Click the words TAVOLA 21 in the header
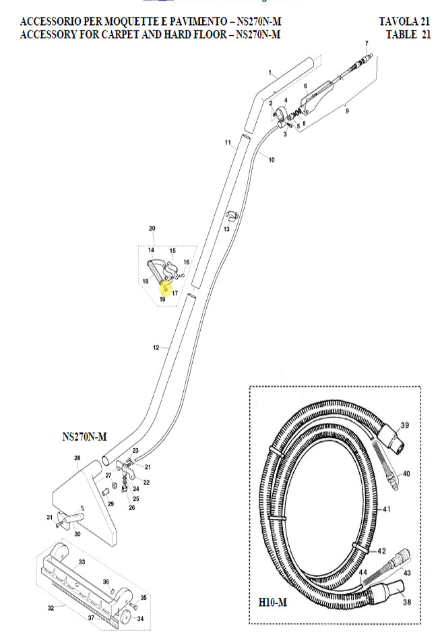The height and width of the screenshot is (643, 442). pos(404,22)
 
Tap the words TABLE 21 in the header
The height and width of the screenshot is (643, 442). pos(408,34)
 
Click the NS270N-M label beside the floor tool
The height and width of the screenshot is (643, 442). pos(84,437)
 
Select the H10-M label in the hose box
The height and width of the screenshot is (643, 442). pos(272,603)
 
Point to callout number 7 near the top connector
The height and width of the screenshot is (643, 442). pos(367,43)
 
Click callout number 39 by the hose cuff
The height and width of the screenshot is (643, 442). pos(405,425)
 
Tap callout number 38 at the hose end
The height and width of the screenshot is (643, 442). pos(407,602)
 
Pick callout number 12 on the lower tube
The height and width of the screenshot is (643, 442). pos(156,347)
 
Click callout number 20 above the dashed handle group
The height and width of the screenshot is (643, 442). pos(152,229)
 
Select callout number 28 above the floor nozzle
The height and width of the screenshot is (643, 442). pos(77,458)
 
